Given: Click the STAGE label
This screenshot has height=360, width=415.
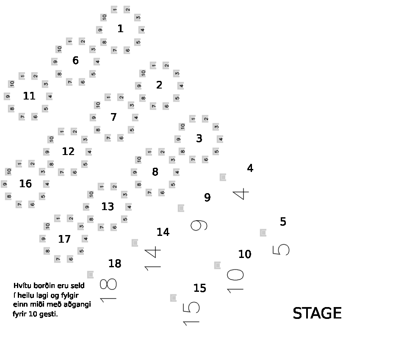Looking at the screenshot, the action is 317,313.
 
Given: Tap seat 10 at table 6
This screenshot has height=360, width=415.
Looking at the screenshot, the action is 59,49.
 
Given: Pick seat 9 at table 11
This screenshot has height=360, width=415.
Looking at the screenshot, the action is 8,97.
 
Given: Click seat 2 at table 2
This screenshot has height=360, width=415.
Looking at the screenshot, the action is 166,65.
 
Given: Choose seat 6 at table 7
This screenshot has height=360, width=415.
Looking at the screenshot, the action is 121,138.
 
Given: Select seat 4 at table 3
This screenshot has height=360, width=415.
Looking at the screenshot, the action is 220,139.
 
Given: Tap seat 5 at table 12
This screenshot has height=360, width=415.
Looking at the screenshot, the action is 85,164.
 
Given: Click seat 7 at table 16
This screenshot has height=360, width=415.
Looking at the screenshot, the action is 19,204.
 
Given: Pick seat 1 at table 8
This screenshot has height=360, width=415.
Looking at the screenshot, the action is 149,152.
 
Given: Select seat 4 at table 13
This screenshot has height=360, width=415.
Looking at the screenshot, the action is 128,207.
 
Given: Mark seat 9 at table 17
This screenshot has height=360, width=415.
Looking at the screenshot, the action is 43,239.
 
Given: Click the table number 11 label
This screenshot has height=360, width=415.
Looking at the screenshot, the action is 29,96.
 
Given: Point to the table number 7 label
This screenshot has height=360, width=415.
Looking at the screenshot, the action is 113,117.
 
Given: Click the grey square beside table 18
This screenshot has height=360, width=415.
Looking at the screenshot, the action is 90,274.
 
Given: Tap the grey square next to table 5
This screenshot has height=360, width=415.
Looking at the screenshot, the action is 263,233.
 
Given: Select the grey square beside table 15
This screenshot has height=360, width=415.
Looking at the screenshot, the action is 173,298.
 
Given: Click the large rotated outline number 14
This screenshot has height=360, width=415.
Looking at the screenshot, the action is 153,259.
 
